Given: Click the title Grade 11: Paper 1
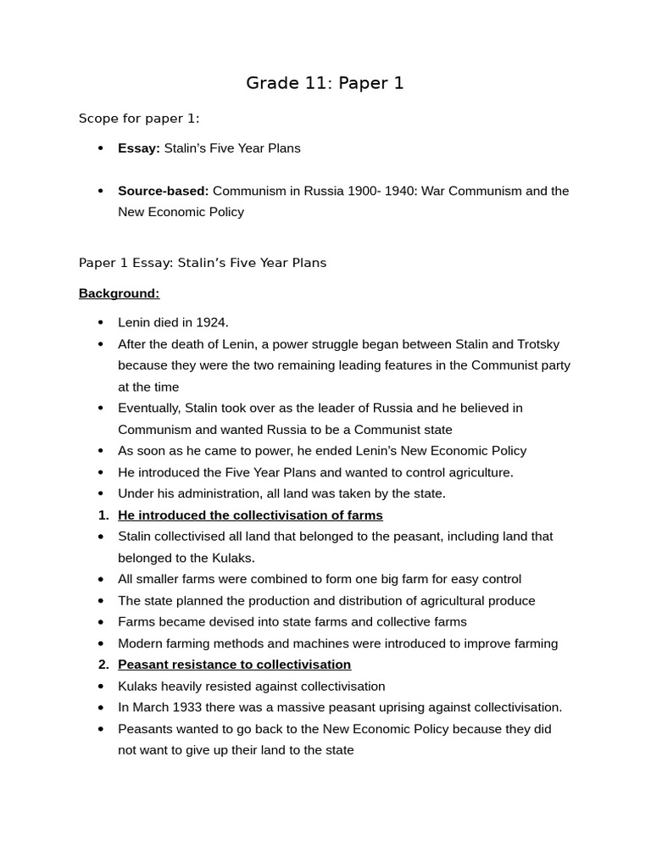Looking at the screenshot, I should click(x=325, y=83).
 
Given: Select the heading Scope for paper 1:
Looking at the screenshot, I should click(x=139, y=119).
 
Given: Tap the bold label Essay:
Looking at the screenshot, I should click(x=138, y=148).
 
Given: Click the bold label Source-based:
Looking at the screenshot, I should click(x=163, y=191).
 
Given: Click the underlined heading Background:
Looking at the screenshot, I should click(x=119, y=293).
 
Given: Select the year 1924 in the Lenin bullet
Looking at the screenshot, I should click(x=211, y=323).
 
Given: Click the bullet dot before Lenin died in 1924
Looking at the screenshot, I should click(x=101, y=323).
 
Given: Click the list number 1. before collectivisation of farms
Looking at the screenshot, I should click(x=103, y=515).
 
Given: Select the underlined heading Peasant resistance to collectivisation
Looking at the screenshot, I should click(x=234, y=665).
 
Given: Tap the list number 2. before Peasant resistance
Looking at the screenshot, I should click(x=103, y=665).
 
